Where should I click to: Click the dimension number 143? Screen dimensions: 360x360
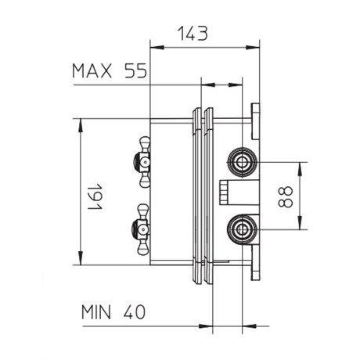[193, 34]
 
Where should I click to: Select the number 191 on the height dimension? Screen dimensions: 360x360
[95, 196]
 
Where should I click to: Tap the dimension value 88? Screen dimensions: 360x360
[286, 196]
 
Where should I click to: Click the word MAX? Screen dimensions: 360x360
[92, 70]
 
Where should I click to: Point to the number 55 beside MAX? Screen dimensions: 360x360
[135, 70]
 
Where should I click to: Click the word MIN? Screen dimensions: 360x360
[96, 312]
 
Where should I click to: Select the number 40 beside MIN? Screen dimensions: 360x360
[134, 312]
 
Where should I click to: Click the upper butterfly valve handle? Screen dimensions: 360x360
[142, 162]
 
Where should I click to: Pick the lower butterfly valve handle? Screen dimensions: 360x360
[142, 229]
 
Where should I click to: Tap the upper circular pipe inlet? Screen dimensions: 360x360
[242, 162]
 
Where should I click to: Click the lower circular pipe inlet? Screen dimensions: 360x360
[242, 229]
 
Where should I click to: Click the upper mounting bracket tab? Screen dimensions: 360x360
[255, 121]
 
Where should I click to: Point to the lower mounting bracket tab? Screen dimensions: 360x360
[256, 263]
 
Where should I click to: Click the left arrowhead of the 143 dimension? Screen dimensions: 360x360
[157, 48]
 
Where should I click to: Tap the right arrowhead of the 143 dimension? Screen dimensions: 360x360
[253, 48]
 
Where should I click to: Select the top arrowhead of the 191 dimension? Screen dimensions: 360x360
[81, 125]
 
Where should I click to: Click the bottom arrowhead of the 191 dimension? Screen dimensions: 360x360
[81, 258]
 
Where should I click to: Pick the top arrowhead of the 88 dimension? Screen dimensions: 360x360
[301, 169]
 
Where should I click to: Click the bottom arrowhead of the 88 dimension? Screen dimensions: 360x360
[301, 223]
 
